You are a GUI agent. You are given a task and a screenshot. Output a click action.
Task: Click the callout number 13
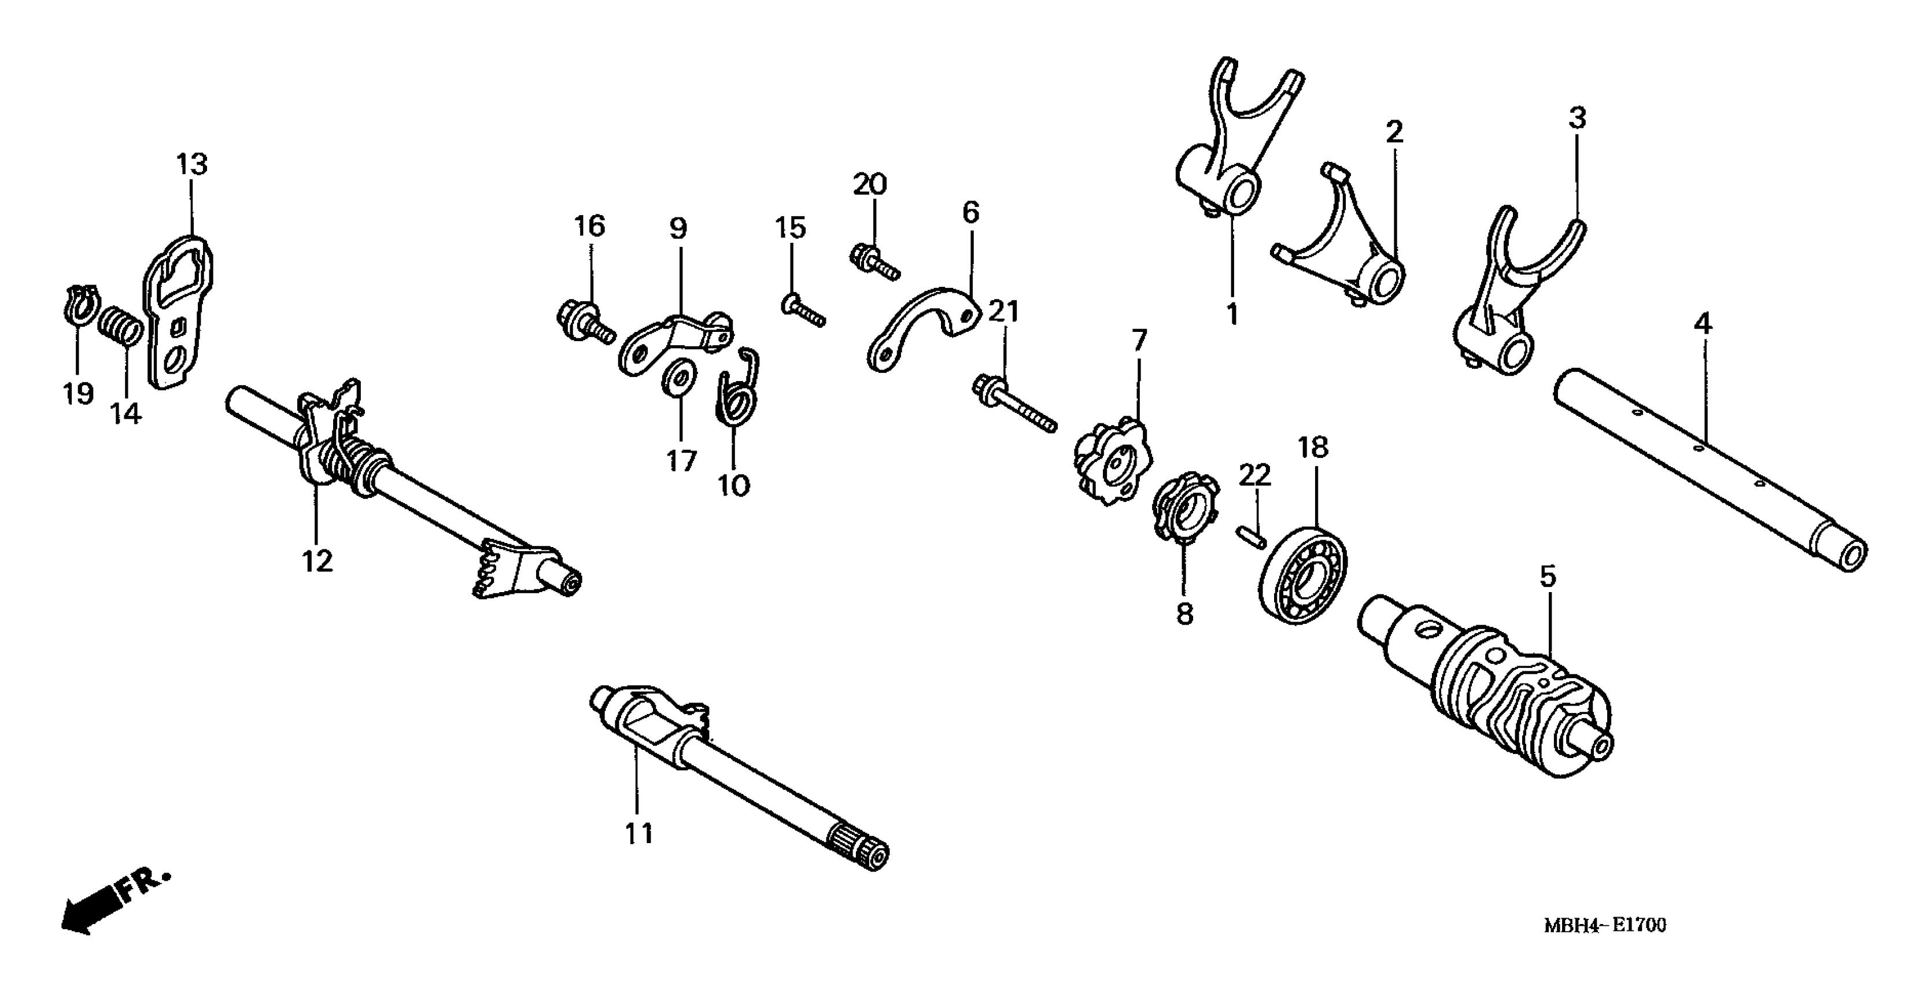click(x=192, y=164)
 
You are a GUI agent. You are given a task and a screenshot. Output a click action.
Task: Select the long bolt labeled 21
click(x=1014, y=407)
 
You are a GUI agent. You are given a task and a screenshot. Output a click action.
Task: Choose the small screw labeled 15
click(x=803, y=311)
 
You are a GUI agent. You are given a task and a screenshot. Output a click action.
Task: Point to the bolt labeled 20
click(x=873, y=262)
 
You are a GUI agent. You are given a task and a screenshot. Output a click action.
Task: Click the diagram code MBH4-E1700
click(x=1605, y=925)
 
